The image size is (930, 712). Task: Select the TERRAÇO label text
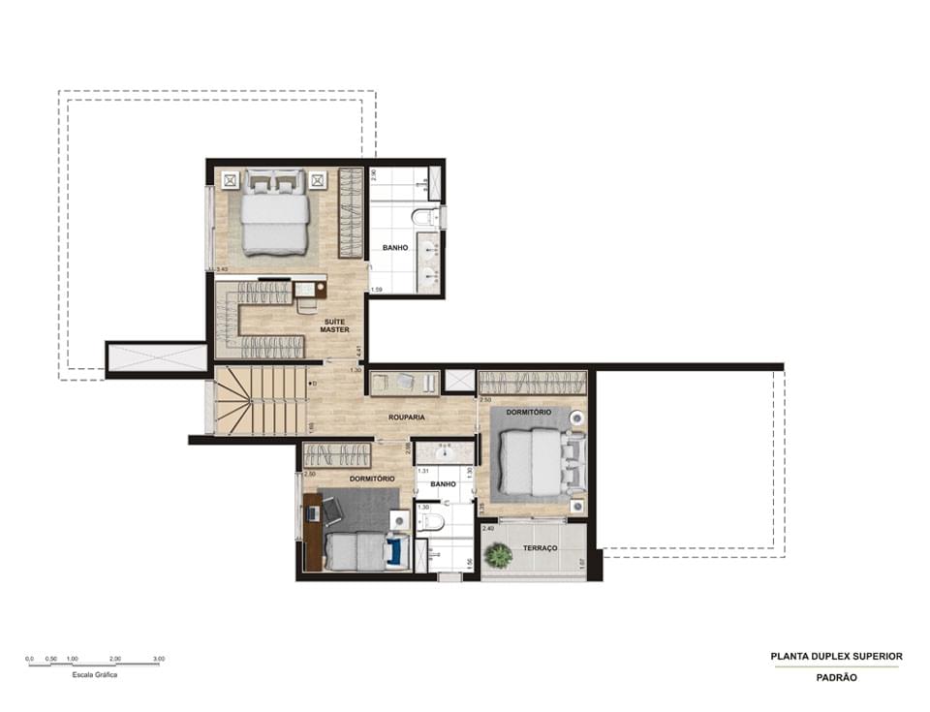541,548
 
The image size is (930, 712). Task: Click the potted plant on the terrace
498,555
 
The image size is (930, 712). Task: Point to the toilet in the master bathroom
423,216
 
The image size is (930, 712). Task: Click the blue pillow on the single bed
393,552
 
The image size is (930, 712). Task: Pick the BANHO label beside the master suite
394,248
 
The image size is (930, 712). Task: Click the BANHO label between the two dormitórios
443,484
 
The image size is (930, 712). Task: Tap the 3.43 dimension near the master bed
222,269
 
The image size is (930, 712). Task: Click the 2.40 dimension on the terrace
488,529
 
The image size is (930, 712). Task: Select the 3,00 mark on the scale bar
158,659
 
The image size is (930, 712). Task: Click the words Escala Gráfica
95,675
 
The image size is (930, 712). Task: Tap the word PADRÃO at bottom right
836,678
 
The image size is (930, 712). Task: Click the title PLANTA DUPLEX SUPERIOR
836,656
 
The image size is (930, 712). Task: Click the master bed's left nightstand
230,179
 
